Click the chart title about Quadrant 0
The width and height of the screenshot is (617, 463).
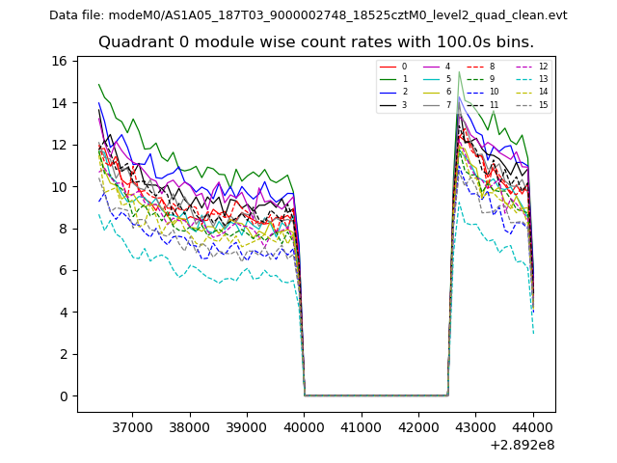315,42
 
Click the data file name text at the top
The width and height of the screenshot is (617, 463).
308,14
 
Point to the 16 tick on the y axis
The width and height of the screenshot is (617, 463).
59,61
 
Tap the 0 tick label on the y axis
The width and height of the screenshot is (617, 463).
63,396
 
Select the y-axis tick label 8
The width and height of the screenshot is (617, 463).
63,229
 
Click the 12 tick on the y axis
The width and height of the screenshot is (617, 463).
59,145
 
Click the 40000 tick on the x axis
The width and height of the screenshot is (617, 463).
305,425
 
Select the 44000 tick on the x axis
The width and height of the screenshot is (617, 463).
534,425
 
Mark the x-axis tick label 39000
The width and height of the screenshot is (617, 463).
247,425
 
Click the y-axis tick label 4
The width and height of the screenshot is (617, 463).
63,313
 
